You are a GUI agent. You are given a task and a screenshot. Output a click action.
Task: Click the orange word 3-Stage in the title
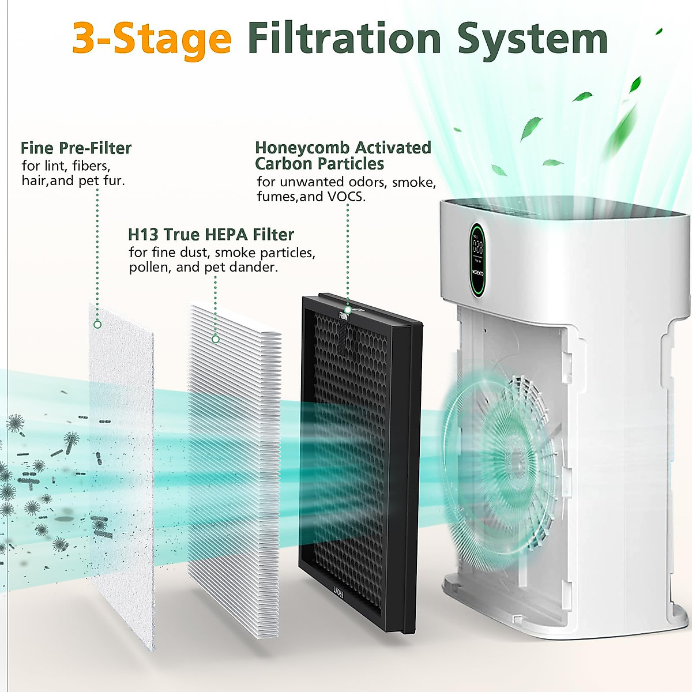(152, 38)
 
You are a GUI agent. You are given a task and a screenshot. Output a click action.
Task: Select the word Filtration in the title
(344, 38)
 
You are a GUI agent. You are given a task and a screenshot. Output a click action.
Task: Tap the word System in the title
(532, 39)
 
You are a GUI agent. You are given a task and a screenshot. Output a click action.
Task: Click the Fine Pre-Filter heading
(76, 148)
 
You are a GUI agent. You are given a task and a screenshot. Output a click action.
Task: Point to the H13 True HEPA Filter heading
(210, 235)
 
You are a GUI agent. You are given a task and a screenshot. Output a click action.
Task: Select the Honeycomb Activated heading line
(343, 148)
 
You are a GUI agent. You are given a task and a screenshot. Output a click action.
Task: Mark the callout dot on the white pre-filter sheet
(97, 325)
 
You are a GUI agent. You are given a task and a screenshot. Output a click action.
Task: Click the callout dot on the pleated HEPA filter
(216, 339)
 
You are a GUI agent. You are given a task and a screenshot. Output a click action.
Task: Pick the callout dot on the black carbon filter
(348, 310)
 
